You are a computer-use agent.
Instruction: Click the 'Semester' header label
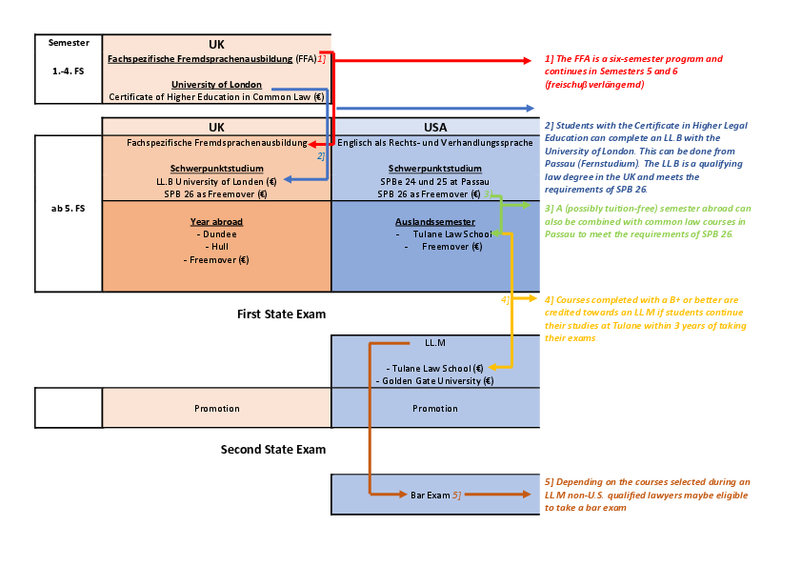69,43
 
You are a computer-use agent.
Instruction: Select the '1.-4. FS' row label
68,71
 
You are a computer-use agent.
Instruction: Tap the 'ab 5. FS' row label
68,209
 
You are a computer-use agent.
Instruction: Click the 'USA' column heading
435,127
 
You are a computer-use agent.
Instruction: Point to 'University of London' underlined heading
216,85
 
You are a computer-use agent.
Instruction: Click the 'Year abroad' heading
216,222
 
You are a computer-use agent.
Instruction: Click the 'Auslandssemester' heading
435,222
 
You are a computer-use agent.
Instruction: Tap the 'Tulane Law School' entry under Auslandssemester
452,233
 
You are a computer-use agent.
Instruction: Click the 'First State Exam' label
281,314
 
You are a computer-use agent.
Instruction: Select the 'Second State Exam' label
273,449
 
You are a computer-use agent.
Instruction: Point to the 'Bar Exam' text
431,496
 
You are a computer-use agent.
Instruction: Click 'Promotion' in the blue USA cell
435,409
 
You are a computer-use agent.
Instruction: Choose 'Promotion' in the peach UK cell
217,409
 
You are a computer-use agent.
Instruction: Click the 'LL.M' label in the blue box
435,343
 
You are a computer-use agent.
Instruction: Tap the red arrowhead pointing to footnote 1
528,60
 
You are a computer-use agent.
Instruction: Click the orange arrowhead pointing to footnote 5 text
528,495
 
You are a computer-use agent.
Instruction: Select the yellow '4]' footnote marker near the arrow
505,300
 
